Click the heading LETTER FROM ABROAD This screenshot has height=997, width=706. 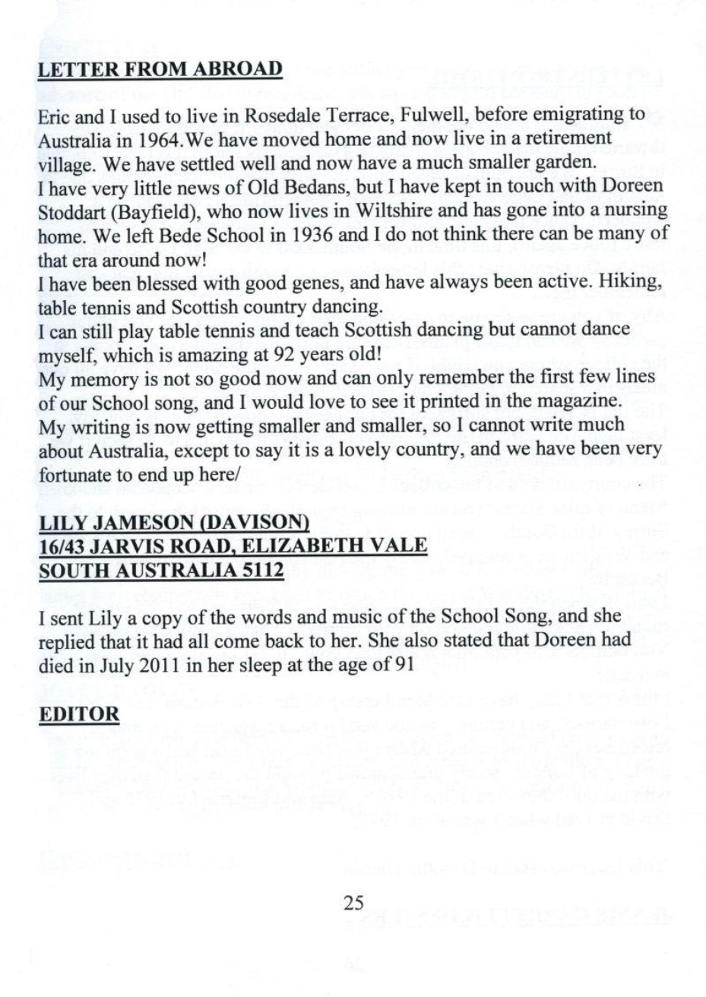tap(160, 69)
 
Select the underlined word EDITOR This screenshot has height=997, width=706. tap(80, 715)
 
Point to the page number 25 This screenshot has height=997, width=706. tap(353, 902)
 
